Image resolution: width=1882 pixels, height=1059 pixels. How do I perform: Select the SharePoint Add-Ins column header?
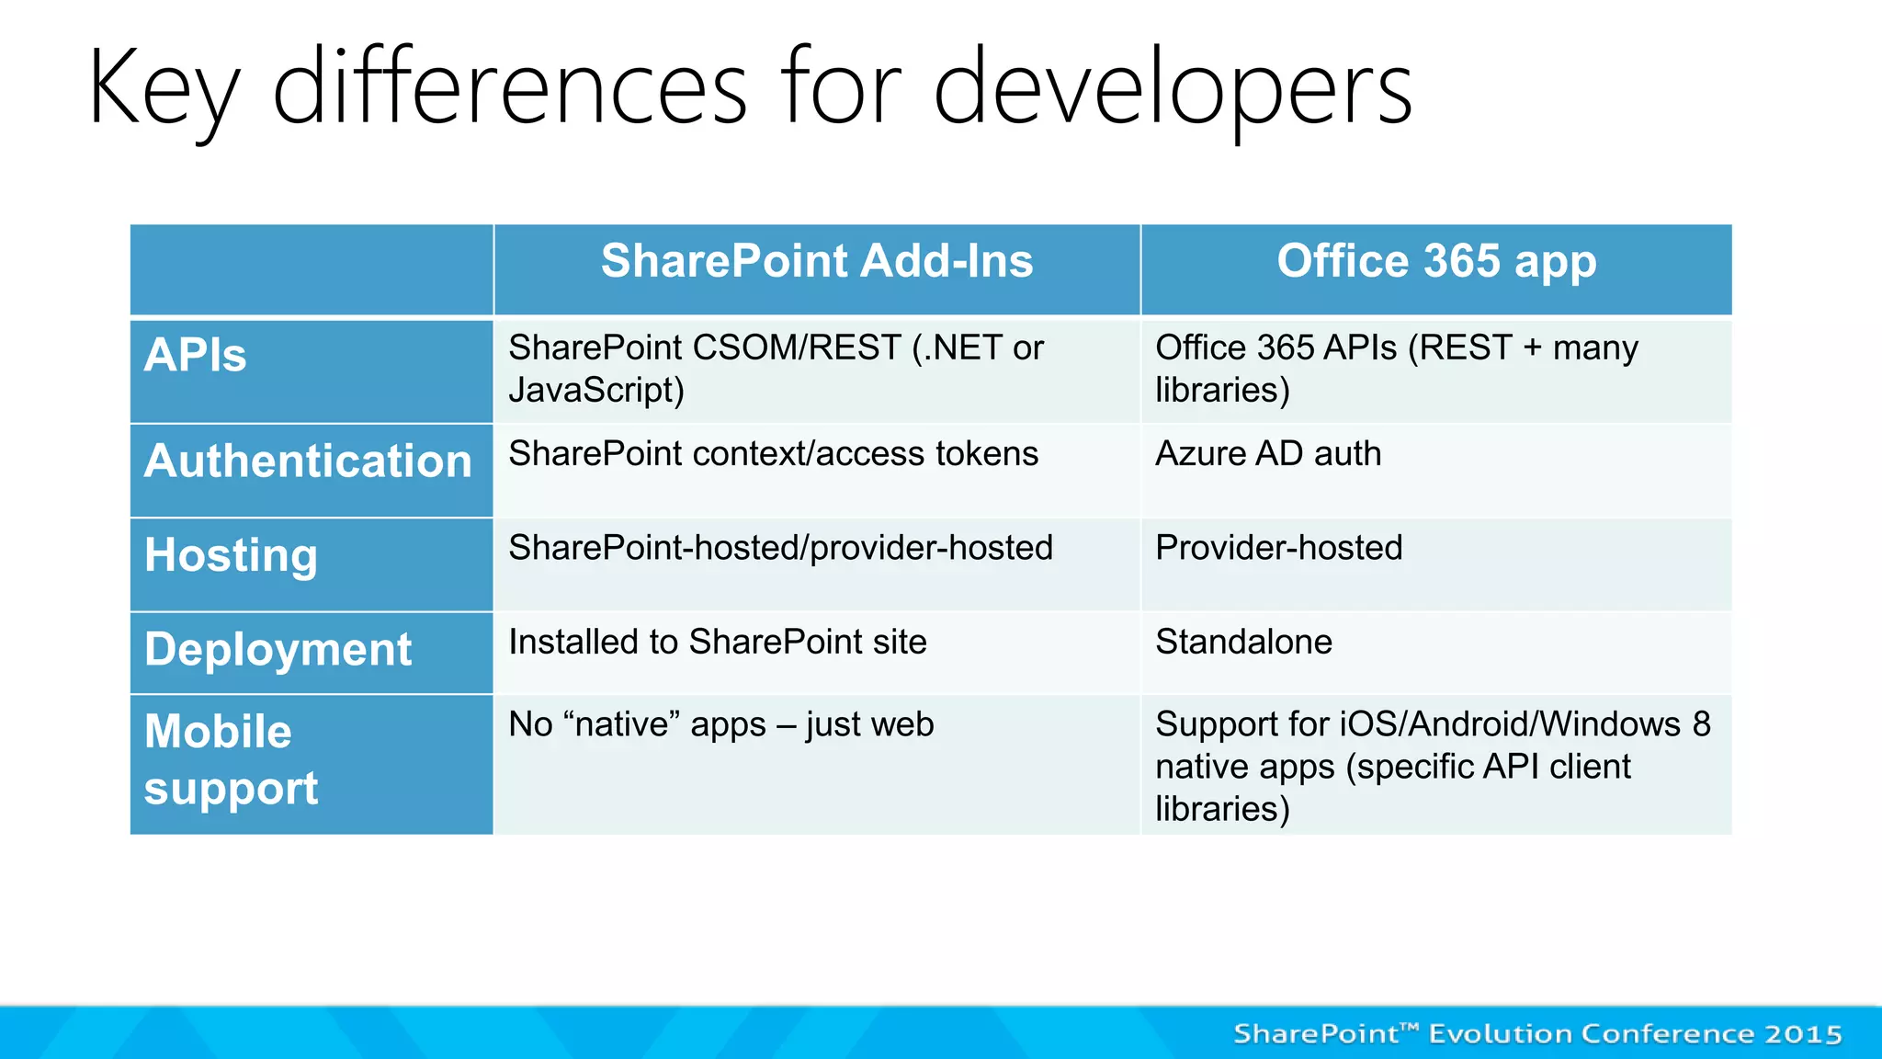click(816, 261)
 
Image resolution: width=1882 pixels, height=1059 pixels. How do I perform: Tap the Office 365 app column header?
click(1436, 261)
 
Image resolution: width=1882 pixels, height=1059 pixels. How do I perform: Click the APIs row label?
click(195, 356)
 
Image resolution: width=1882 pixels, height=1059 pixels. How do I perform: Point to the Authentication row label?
click(308, 461)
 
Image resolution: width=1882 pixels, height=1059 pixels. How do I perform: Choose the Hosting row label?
click(231, 555)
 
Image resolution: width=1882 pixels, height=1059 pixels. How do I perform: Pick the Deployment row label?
click(278, 650)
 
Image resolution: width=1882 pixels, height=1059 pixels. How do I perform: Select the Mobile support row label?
click(231, 759)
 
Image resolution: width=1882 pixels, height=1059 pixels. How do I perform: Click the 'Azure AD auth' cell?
click(1268, 454)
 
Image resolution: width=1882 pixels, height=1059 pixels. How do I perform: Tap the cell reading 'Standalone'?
click(1243, 642)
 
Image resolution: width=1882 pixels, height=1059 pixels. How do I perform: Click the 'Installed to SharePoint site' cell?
click(718, 642)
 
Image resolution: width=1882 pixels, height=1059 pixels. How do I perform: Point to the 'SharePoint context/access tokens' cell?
click(773, 454)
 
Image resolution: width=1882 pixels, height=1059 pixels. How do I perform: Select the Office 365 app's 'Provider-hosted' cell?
click(1278, 548)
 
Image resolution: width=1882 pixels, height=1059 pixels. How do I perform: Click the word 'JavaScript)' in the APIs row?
click(596, 391)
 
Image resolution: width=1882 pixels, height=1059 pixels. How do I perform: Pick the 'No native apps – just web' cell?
click(721, 724)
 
